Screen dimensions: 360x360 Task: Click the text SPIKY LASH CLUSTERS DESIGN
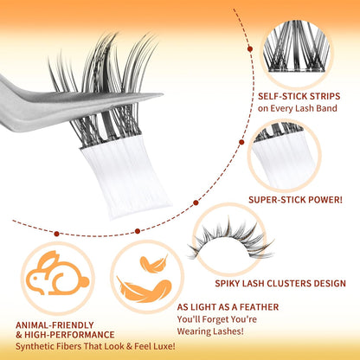point(293,283)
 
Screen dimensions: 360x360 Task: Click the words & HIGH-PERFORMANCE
point(64,334)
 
